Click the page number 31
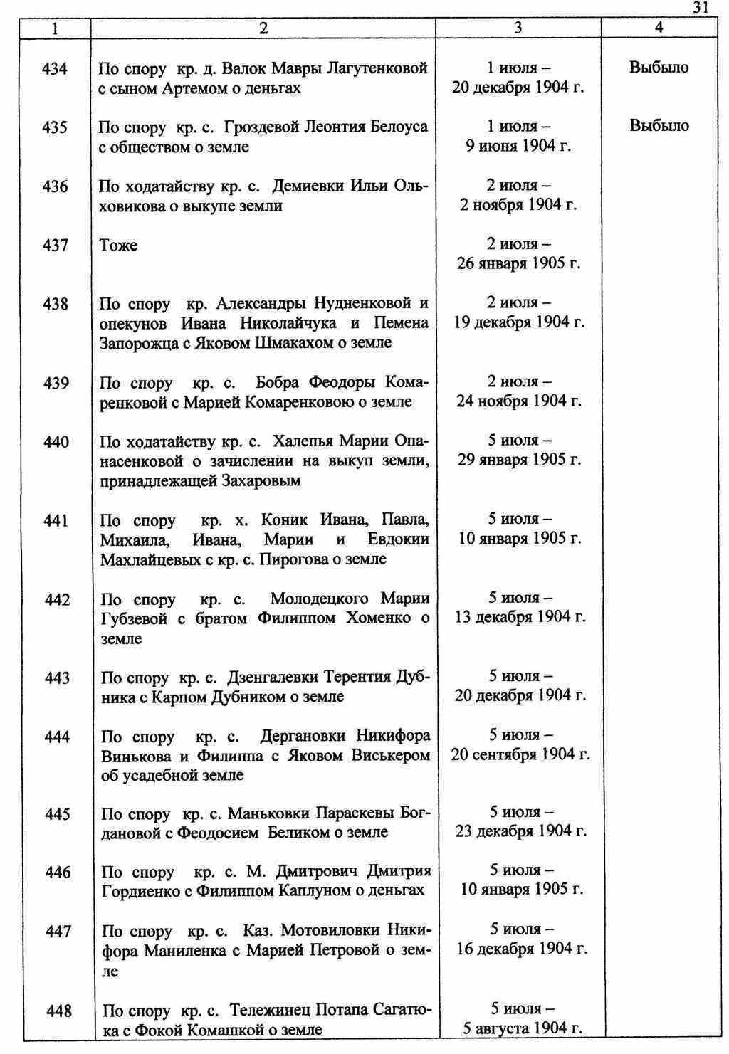click(700, 8)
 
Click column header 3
click(518, 28)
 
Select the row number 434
click(56, 69)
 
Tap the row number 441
click(56, 521)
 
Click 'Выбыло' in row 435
click(659, 126)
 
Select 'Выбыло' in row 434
click(659, 68)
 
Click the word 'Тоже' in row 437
click(118, 246)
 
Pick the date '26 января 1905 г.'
click(519, 264)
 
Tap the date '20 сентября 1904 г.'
click(520, 754)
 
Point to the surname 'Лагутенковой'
click(377, 69)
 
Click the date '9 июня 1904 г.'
click(519, 147)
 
